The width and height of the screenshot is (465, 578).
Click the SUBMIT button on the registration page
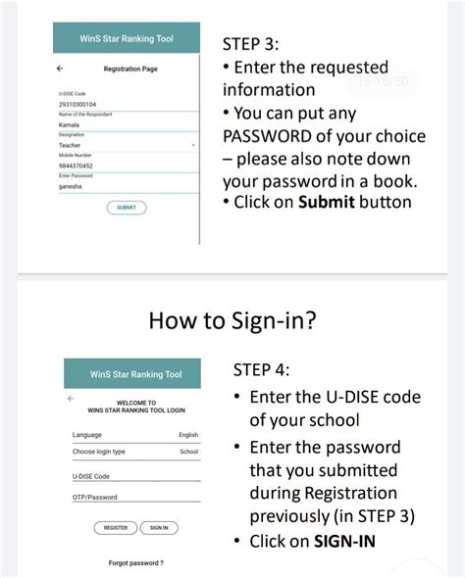(x=127, y=208)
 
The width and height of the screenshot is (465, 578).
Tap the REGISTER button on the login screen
(x=116, y=528)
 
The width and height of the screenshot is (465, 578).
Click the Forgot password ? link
(x=135, y=563)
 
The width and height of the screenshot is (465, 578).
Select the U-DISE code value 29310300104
(x=77, y=103)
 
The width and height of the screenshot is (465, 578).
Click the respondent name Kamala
(x=70, y=124)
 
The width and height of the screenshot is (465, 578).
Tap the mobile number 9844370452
(x=76, y=166)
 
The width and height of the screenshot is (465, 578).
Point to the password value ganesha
(x=72, y=186)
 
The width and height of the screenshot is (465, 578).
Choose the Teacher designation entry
(x=71, y=145)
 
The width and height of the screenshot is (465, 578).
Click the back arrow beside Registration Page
(x=61, y=69)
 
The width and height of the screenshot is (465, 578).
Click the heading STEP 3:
(x=251, y=44)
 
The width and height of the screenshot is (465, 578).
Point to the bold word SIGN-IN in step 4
(x=344, y=541)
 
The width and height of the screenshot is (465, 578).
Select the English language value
(x=188, y=435)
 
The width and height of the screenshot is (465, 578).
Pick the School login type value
(x=189, y=453)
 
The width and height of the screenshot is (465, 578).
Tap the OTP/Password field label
(x=95, y=498)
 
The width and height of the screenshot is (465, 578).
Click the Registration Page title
(x=130, y=69)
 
